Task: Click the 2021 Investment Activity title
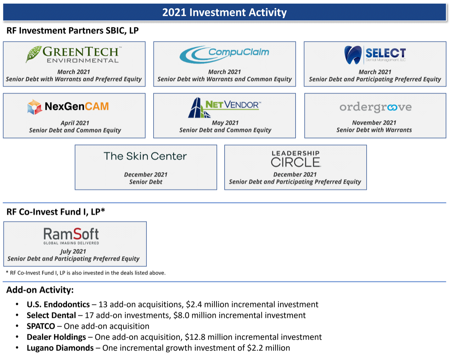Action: tap(224, 12)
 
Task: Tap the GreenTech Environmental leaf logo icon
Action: tap(34, 54)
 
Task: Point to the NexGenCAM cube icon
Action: tap(35, 107)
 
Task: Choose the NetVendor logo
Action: tap(225, 107)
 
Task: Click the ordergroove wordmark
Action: tap(375, 108)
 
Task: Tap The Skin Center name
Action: tap(145, 156)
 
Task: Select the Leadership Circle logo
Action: tap(295, 159)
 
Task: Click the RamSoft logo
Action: tap(71, 235)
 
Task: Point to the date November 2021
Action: tap(374, 123)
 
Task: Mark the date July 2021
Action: tap(73, 252)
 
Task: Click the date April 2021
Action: tap(75, 123)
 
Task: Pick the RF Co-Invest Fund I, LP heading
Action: tap(55, 212)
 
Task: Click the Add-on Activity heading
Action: tap(40, 290)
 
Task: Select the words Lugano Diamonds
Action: tap(60, 348)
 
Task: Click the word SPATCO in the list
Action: tap(41, 326)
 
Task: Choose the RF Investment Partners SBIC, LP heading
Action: tap(72, 30)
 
